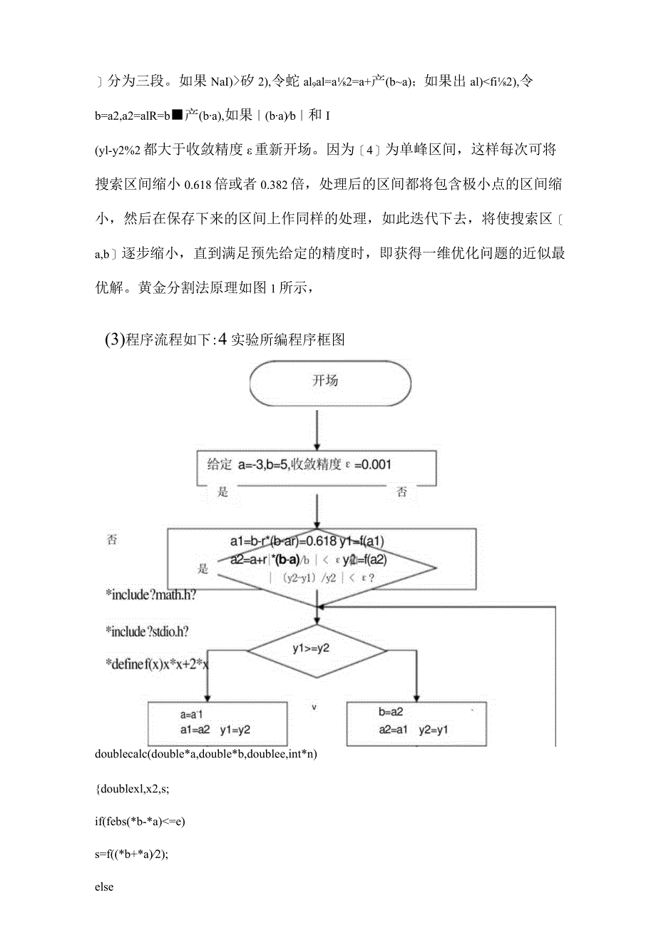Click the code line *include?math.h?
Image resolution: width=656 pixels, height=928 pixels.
pyautogui.click(x=150, y=593)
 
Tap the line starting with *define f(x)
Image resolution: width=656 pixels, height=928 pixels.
pyautogui.click(x=156, y=665)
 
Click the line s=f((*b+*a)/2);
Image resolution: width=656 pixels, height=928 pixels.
pyautogui.click(x=141, y=854)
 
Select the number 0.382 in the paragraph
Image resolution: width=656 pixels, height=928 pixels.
pyautogui.click(x=278, y=186)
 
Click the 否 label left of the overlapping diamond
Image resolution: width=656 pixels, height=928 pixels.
pyautogui.click(x=112, y=541)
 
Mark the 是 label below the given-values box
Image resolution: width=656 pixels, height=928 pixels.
pyautogui.click(x=223, y=492)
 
